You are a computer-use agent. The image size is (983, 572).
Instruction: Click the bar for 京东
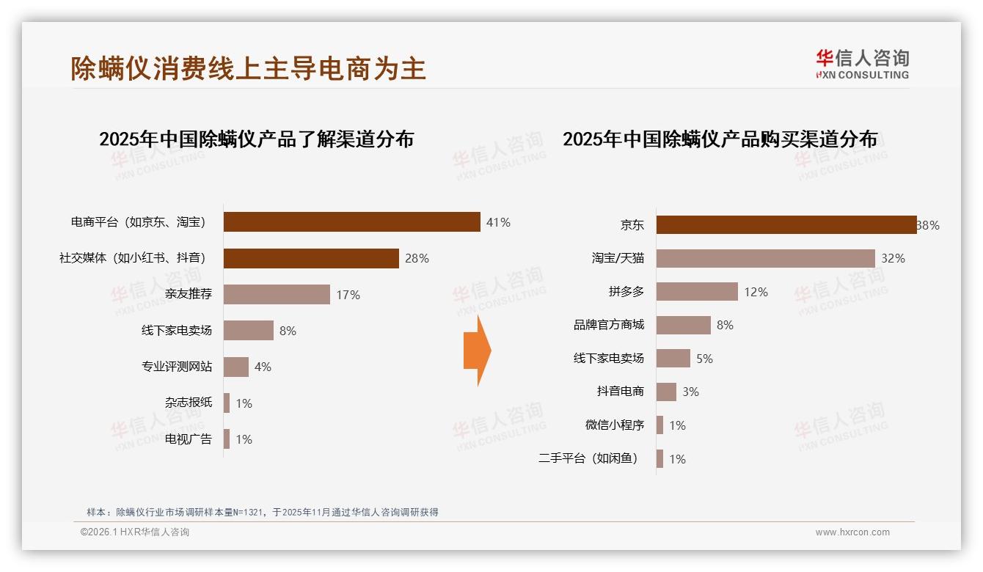point(786,225)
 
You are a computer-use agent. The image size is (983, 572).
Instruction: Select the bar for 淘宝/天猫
point(765,258)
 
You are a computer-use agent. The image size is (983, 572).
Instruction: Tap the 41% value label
point(497,222)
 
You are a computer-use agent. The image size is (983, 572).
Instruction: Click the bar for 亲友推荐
point(277,295)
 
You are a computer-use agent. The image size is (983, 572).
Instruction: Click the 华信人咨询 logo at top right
point(862,65)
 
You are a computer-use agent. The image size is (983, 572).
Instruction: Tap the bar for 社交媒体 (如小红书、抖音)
point(311,258)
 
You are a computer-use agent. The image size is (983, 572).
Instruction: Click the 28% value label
point(417,258)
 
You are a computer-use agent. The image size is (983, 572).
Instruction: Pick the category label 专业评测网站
point(176,367)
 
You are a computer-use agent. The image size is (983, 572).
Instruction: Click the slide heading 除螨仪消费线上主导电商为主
point(248,68)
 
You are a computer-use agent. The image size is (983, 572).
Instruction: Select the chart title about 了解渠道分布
point(256,139)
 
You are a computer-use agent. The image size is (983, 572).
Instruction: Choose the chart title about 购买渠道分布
point(720,139)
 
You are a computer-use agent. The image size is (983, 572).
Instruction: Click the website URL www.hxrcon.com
point(852,532)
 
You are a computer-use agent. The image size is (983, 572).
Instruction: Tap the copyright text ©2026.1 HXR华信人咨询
point(134,532)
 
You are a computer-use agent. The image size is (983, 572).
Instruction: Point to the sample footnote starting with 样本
point(262,512)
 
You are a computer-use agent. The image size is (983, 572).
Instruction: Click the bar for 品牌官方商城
point(683,325)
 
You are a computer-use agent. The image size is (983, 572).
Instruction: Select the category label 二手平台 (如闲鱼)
point(588,459)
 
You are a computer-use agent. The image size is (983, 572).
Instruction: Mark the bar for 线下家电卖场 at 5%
point(673,359)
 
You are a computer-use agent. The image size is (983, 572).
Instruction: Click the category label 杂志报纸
point(188,403)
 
